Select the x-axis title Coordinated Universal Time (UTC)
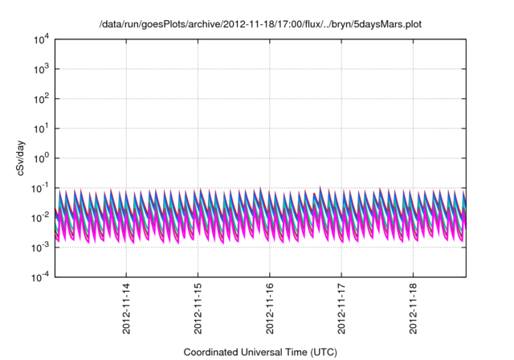point(259,352)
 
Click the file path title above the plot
point(259,24)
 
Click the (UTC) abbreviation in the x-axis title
point(320,352)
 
